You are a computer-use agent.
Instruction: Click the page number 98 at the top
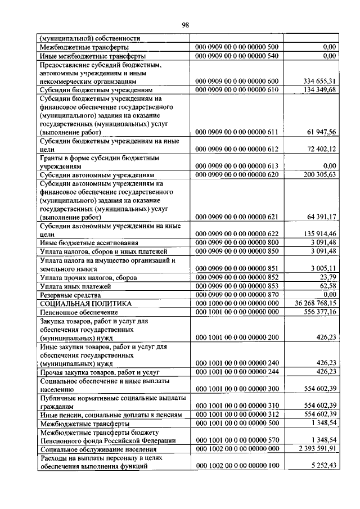pos(185,24)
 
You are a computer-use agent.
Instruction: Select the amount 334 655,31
pos(317,81)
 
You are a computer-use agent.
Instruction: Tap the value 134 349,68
pos(317,89)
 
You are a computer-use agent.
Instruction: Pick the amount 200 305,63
pos(317,174)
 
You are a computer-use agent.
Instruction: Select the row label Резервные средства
pos(70,295)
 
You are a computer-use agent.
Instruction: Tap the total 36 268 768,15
pos(312,303)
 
